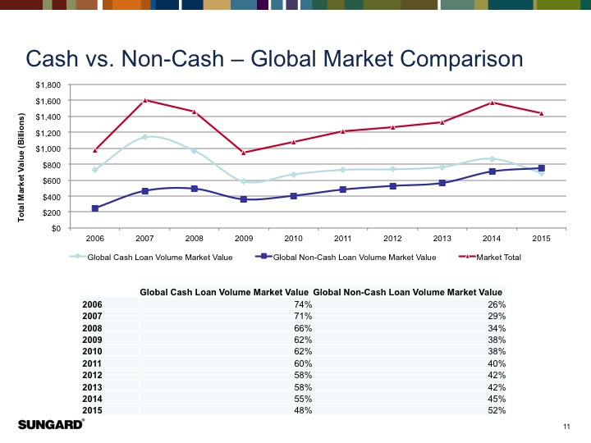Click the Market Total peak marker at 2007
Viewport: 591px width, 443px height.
point(144,100)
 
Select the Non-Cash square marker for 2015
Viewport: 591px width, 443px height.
point(542,168)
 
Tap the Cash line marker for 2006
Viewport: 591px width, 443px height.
point(95,170)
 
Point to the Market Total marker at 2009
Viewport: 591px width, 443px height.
point(244,153)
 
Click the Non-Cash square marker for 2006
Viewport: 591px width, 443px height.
point(95,208)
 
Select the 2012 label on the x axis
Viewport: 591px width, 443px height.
point(393,239)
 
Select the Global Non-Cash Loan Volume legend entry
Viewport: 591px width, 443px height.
point(353,258)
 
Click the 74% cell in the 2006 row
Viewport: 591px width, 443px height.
point(302,304)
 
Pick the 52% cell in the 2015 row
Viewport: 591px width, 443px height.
point(495,411)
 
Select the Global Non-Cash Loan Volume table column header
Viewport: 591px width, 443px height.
point(408,292)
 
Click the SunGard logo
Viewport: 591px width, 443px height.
point(50,425)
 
